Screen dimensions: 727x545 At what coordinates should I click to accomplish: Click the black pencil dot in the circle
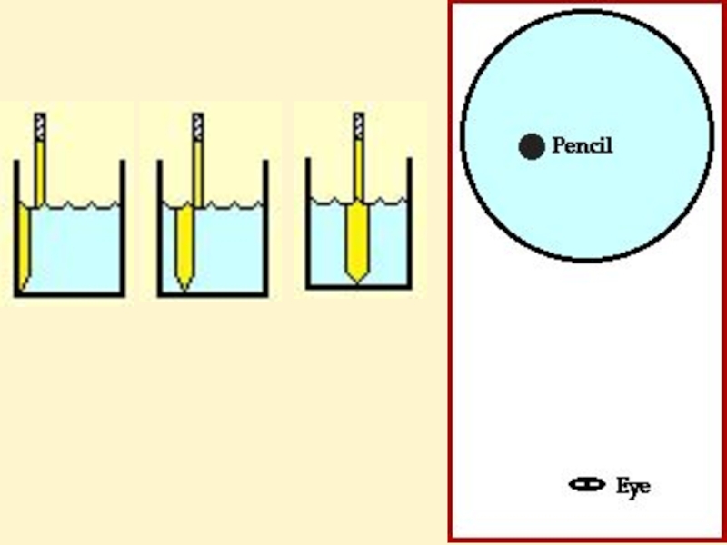click(x=532, y=146)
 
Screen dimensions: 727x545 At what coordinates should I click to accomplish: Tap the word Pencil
click(x=583, y=145)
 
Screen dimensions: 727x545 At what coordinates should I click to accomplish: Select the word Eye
click(x=632, y=486)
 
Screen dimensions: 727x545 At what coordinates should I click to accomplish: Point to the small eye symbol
click(x=587, y=484)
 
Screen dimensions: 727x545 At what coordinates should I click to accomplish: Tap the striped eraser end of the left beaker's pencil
click(x=40, y=126)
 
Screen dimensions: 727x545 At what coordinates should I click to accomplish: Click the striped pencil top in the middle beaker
click(x=198, y=126)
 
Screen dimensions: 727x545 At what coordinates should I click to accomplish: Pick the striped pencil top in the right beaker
click(x=359, y=126)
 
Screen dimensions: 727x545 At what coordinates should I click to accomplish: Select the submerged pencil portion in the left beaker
click(x=25, y=245)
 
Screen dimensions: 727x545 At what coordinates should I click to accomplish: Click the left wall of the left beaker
click(x=16, y=227)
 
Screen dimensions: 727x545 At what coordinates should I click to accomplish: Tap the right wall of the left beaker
click(x=123, y=227)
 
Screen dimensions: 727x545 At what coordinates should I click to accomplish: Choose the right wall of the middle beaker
click(x=266, y=227)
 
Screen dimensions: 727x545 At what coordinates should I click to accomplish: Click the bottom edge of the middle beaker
click(x=213, y=294)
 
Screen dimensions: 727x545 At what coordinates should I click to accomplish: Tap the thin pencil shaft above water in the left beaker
click(x=40, y=173)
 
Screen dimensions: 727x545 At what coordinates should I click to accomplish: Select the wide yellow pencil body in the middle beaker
click(x=185, y=241)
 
